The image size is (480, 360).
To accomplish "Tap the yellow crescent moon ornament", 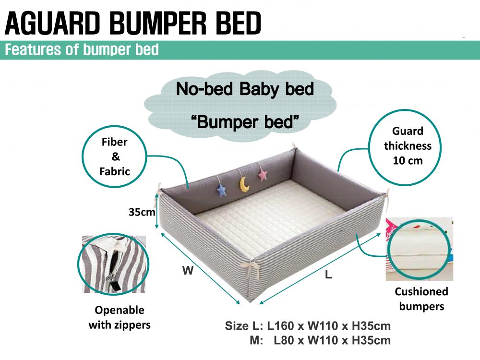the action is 244,184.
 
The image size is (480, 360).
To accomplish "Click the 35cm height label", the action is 142,212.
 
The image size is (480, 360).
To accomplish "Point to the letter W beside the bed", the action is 188,270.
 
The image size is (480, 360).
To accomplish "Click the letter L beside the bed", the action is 328,274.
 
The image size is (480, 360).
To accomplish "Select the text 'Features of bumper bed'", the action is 82,49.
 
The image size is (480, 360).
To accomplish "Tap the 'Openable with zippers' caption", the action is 120,317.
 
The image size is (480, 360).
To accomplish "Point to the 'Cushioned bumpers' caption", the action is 421,299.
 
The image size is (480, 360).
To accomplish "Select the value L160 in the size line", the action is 280,326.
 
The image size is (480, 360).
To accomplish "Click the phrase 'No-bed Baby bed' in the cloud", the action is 245,89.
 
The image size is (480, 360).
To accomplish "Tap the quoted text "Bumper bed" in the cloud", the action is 245,122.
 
